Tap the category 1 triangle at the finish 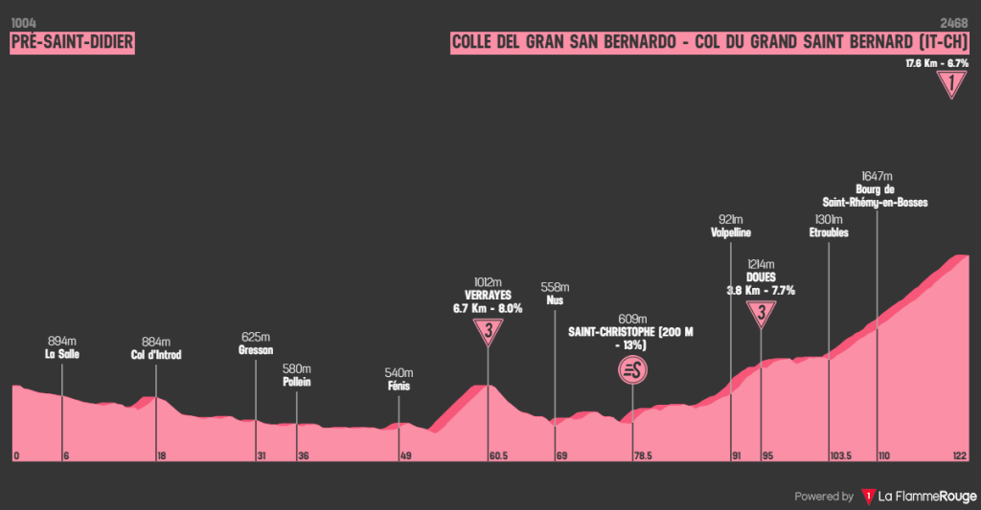(950, 85)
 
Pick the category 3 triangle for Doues (761, 312)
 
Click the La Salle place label (61, 354)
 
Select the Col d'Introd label (155, 355)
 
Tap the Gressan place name (256, 350)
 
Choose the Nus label (555, 300)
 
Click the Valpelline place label (731, 233)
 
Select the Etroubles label (829, 233)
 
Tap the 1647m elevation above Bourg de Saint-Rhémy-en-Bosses (877, 176)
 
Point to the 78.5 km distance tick (642, 456)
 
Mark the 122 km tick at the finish (961, 456)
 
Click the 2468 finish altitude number (954, 22)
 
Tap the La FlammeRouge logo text (925, 497)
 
